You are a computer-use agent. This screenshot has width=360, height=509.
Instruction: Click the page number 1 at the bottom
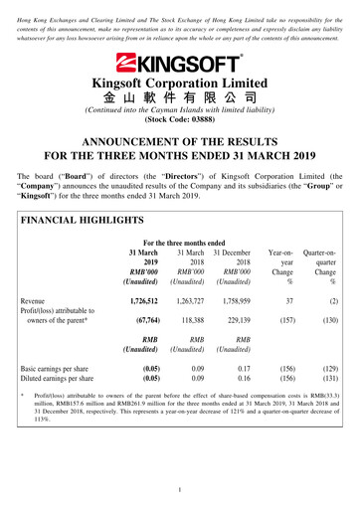click(179, 490)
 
